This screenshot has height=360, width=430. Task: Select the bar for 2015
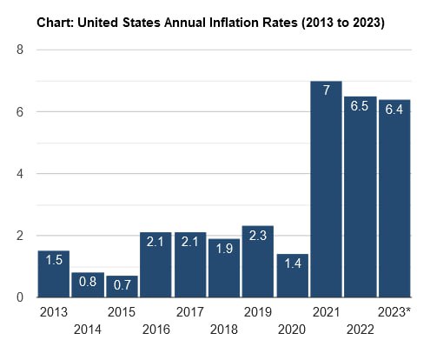tap(122, 286)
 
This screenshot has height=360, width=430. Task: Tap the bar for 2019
tap(258, 262)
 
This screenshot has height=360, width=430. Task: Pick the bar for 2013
tap(53, 274)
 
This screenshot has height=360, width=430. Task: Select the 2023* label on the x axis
tap(395, 311)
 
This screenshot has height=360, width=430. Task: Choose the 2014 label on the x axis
tap(88, 330)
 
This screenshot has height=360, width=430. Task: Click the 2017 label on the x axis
tap(189, 311)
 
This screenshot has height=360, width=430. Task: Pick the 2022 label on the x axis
tap(361, 330)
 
